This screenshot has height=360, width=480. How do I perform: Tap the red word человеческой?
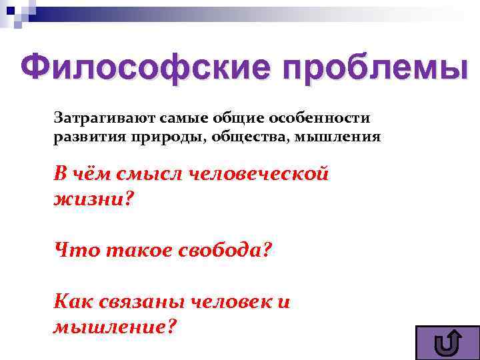261,174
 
